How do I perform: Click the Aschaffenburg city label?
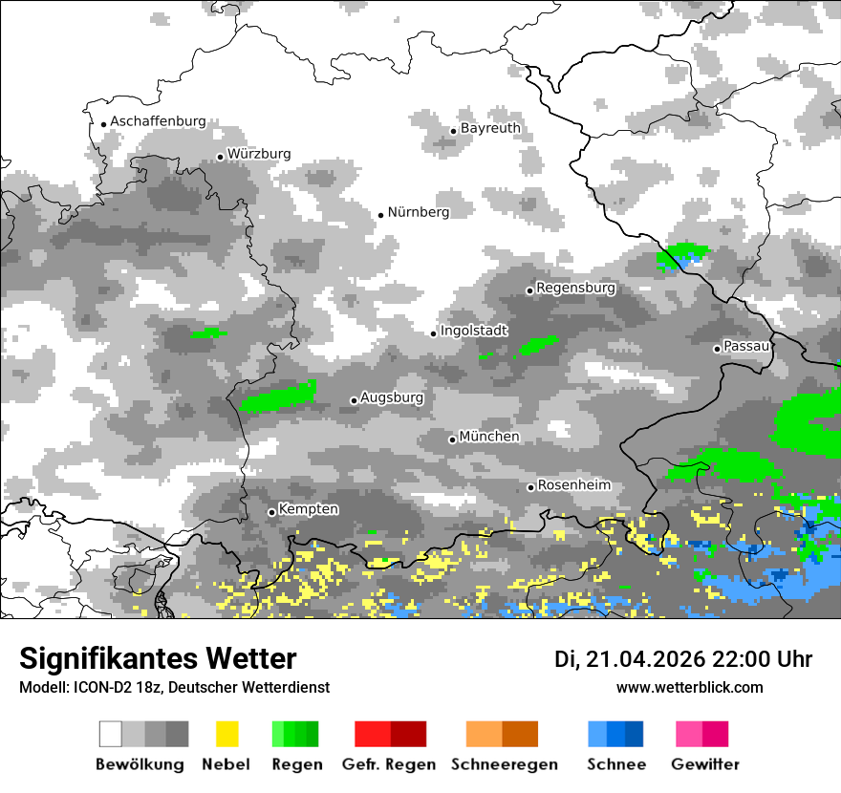point(158,121)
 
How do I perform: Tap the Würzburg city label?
point(259,154)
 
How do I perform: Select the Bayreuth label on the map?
point(490,128)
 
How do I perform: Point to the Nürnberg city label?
point(418,212)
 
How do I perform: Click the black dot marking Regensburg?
point(529,290)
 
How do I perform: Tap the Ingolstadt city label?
point(474,331)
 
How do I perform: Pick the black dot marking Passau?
point(717,349)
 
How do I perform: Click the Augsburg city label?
point(392,397)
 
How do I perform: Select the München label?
point(489,437)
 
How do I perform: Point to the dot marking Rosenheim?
point(530,488)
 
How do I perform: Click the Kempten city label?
point(309,509)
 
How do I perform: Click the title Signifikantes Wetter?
point(158,658)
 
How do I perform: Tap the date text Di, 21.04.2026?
point(629,659)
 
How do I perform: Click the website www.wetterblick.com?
point(689,687)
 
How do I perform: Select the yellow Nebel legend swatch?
point(226,734)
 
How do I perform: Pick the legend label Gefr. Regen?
point(389,764)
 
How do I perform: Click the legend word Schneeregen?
point(504,764)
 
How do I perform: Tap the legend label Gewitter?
point(705,764)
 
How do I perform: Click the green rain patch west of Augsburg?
point(279,396)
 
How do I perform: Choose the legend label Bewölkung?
point(140,764)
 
